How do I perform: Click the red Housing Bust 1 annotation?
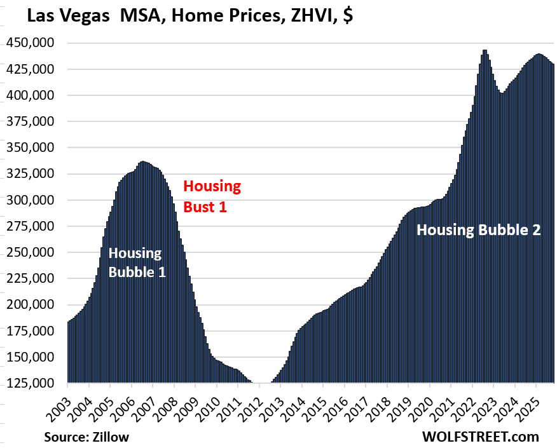point(212,196)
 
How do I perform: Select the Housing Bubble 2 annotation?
point(478,230)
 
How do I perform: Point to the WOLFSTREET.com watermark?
point(480,437)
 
